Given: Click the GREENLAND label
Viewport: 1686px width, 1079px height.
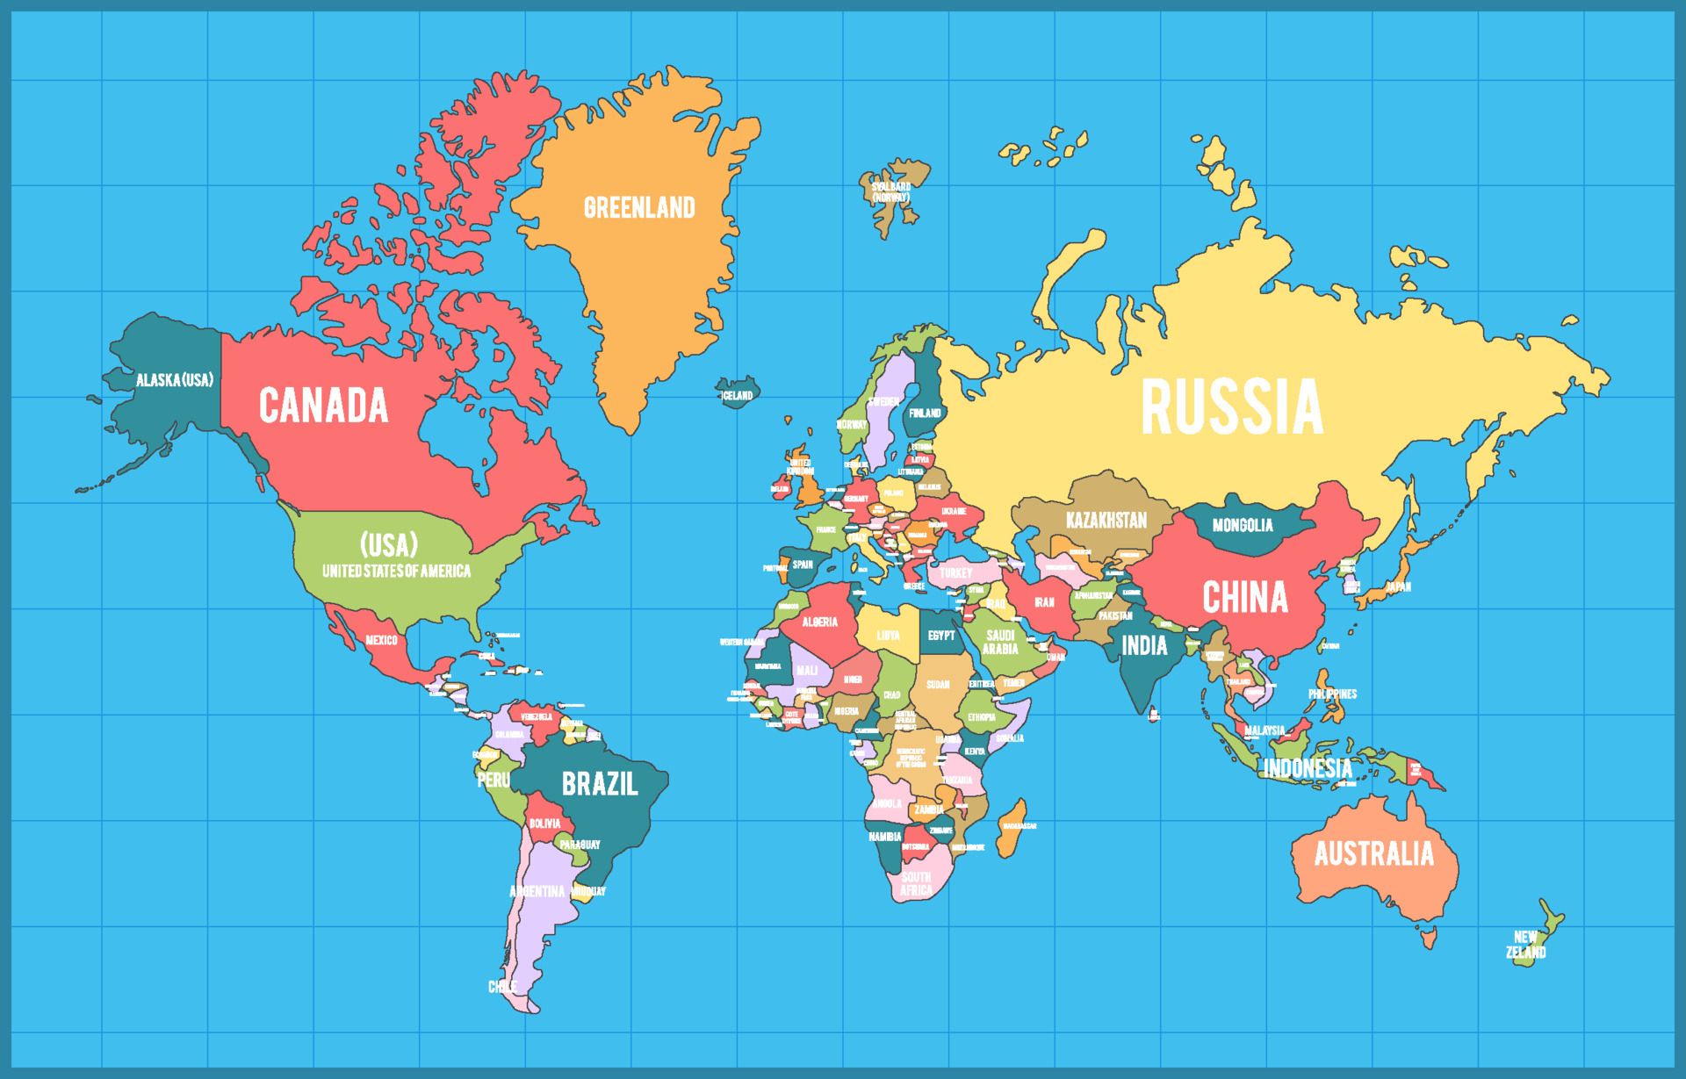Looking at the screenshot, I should pos(639,208).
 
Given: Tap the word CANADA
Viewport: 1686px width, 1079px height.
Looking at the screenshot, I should pos(323,406).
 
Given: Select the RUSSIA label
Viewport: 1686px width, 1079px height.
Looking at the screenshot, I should pos(1231,407).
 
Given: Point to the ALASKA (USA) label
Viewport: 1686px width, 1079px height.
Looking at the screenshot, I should pos(174,380).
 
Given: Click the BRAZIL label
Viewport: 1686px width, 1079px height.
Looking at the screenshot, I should pos(600,784).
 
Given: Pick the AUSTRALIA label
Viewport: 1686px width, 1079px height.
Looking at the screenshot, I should pos(1373,853).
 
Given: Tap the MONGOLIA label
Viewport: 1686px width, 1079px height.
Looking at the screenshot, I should pos(1243,525).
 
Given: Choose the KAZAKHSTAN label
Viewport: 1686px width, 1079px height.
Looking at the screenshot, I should pos(1106,521).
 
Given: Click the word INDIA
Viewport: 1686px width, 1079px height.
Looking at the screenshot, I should pos(1145,647).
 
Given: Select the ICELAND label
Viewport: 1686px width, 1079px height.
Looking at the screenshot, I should pos(737,396).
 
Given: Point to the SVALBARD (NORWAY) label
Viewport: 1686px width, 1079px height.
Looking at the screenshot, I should pos(891,192).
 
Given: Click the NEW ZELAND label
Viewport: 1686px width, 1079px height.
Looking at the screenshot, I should pos(1526,945).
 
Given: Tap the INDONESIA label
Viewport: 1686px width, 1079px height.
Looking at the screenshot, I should pos(1308,769).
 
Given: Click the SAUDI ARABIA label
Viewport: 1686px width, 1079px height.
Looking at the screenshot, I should pos(1000,642).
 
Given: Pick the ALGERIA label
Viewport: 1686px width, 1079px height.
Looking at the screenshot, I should pos(819,622).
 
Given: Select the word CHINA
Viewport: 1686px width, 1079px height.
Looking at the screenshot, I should pos(1245,598).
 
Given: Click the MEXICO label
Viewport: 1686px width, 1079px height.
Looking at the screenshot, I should pos(381,640).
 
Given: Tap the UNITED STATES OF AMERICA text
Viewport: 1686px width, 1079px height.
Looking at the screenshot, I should pos(396,572).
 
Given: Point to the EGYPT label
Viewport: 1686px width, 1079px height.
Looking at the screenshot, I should pos(941,636).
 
